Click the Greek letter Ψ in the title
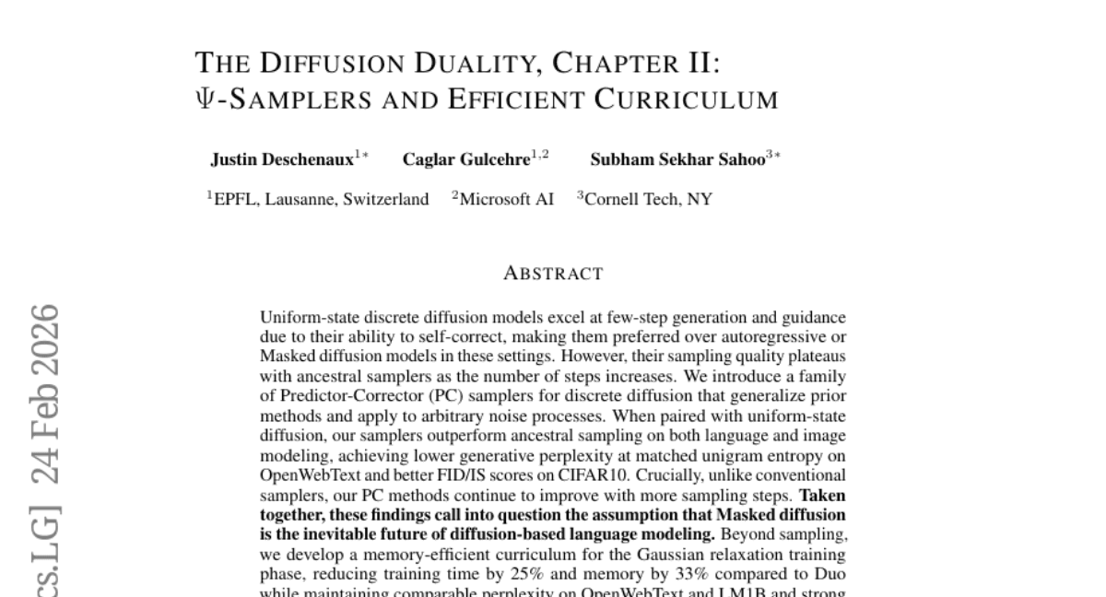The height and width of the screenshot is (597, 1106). (205, 99)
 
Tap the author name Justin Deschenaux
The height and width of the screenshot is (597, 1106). (282, 159)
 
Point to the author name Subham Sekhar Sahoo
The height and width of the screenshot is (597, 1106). (677, 159)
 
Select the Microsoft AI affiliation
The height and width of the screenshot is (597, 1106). (506, 199)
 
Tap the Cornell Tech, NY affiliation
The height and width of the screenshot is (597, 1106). (648, 199)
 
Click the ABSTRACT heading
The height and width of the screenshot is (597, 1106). (553, 274)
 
